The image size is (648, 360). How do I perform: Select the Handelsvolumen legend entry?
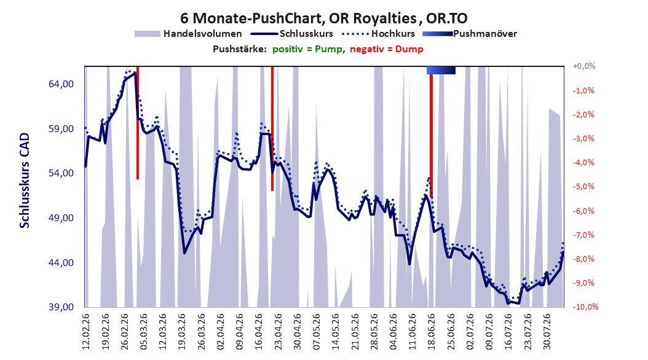[189, 34]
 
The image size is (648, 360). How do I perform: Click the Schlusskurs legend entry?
[292, 34]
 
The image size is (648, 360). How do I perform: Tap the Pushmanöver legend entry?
[470, 34]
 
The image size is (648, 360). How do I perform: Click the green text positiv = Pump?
[307, 49]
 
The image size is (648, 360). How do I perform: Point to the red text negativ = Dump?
[387, 49]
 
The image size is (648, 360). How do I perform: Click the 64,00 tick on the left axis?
[61, 84]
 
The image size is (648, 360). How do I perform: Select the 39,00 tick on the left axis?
[61, 307]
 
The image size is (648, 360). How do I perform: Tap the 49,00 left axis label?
[61, 218]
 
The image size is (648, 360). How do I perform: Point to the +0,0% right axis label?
[584, 66]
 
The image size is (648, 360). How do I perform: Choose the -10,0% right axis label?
[585, 307]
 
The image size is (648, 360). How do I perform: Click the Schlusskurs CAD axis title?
[25, 181]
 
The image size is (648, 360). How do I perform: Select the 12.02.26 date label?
[86, 332]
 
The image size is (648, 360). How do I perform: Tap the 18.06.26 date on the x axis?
[432, 332]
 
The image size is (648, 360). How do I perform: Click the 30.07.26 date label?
[547, 332]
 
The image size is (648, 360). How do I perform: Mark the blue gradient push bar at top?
[441, 70]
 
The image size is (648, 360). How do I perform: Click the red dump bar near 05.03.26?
[138, 123]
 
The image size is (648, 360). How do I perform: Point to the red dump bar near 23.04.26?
[272, 128]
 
